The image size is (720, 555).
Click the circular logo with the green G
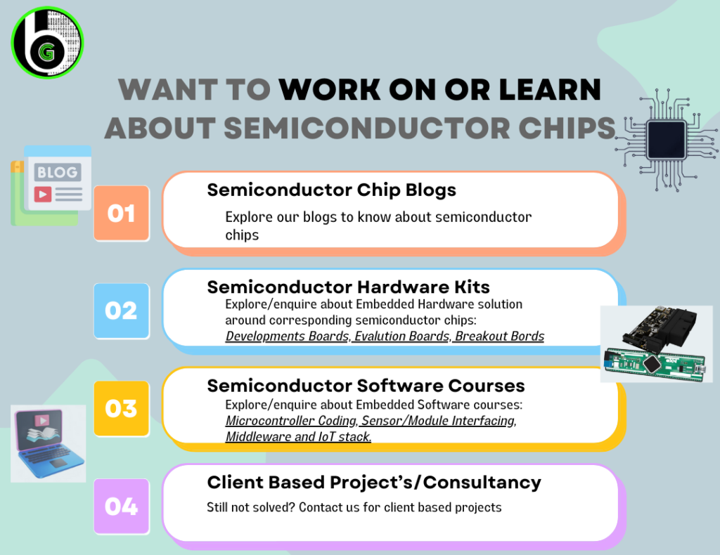point(47,42)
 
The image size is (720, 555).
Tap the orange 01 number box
point(122,214)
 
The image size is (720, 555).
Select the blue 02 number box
point(122,311)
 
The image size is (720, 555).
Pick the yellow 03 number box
point(122,409)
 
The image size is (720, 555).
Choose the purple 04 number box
point(122,507)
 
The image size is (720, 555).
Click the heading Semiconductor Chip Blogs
point(332,190)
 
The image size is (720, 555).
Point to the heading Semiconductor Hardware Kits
point(349,287)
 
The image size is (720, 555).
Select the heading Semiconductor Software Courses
point(366,386)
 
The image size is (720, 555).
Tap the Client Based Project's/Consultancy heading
point(374,483)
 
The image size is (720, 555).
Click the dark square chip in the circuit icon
point(667,139)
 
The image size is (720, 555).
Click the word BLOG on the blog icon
point(58,172)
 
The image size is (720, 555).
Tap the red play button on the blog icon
point(43,194)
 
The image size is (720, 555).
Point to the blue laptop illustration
point(49,443)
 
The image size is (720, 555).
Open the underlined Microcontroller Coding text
point(291,421)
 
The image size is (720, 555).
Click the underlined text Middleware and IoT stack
point(298,437)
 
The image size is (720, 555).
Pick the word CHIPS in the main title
point(567,128)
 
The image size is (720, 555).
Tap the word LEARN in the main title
point(550,89)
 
